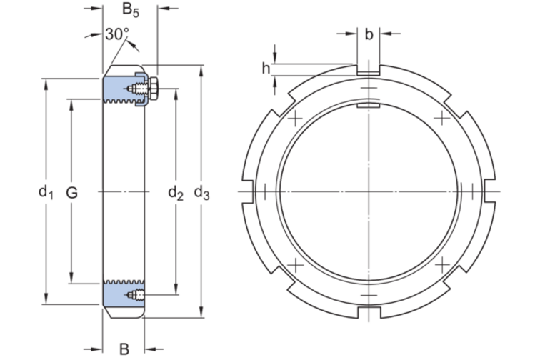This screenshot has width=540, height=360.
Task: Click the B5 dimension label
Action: [129, 10]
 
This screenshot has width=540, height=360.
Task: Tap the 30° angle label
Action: [116, 34]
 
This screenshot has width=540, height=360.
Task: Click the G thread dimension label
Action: [71, 191]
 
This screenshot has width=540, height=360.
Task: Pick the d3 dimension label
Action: [202, 191]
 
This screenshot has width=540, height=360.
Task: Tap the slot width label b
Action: [368, 34]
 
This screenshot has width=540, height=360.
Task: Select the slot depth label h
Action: [266, 69]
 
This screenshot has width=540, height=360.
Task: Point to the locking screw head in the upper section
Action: [153, 90]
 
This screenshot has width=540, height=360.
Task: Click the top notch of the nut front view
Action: [367, 70]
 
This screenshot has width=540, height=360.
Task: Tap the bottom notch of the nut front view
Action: [367, 314]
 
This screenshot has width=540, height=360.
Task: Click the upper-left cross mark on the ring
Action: [294, 117]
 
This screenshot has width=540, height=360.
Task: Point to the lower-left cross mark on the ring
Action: [294, 266]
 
